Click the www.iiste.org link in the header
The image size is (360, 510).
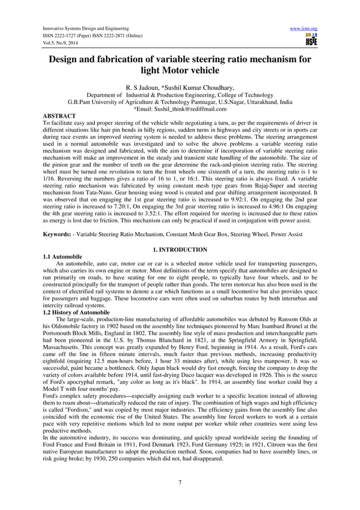point(303,28)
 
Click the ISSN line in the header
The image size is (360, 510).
point(97,38)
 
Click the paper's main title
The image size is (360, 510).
point(180,65)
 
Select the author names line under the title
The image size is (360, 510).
point(180,88)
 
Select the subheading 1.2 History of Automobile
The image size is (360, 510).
point(76,312)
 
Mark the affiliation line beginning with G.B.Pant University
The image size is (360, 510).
point(180,102)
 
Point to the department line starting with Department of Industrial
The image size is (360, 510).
point(180,95)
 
